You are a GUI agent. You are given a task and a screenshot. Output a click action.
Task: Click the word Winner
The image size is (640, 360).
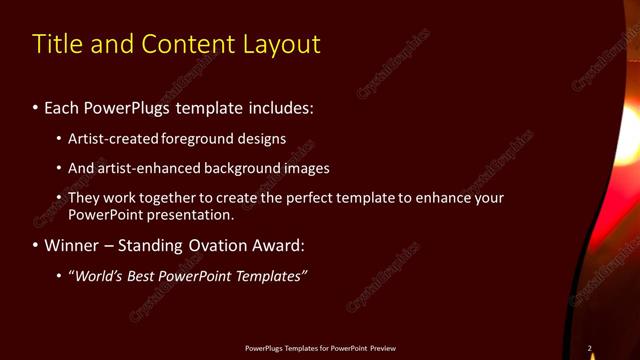point(75,245)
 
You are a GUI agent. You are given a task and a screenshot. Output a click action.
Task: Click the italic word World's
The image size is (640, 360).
point(99,276)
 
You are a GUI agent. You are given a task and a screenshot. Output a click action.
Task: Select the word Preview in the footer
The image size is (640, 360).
point(382,348)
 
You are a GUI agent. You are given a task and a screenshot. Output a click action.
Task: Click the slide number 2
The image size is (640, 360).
point(589,348)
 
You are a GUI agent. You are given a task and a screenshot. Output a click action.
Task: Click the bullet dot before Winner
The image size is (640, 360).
point(36,246)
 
